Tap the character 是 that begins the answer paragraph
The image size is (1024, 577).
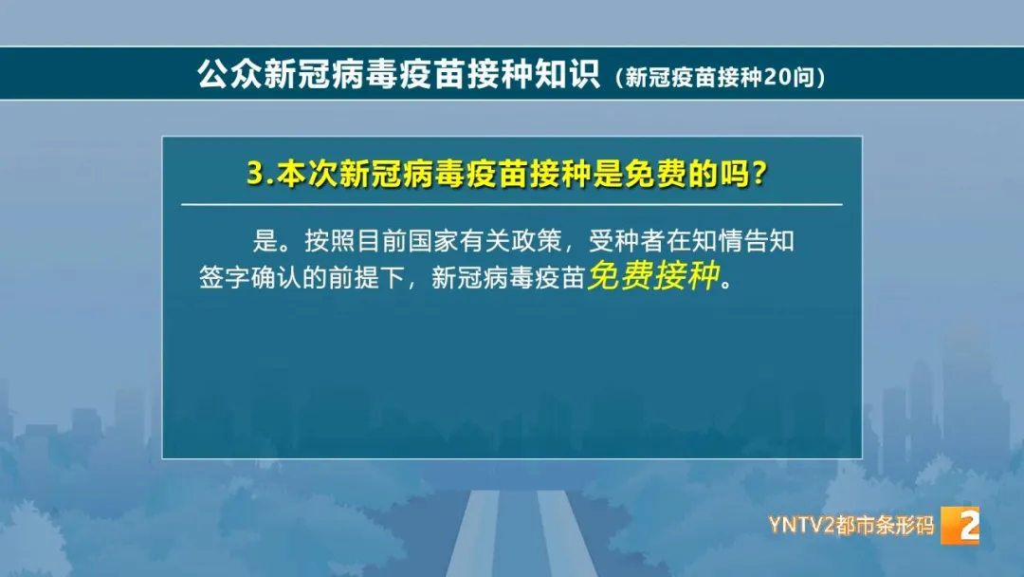point(255,241)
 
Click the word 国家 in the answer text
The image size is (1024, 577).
point(433,241)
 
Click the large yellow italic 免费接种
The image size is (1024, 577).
point(653,275)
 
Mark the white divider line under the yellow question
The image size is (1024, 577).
point(512,204)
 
